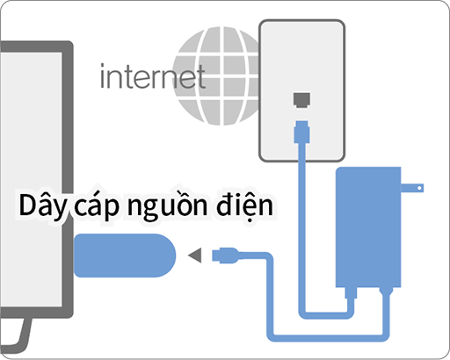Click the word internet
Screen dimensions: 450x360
pos(152,76)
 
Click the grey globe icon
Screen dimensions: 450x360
pos(216,76)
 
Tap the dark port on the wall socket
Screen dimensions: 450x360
pos(301,100)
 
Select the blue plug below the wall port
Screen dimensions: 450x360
pos(301,132)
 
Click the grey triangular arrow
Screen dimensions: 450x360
pos(195,256)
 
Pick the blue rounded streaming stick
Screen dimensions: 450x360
pos(125,256)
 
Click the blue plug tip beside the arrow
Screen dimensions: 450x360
pos(226,256)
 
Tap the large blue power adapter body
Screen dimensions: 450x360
pos(368,227)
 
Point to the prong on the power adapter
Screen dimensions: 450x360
pos(412,188)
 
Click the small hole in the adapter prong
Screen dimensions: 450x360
pos(419,188)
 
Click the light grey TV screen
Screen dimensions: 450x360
pos(31,179)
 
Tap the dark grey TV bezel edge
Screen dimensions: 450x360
pos(68,179)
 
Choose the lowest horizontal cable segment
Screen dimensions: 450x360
pos(328,338)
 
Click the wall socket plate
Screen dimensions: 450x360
pos(301,90)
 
